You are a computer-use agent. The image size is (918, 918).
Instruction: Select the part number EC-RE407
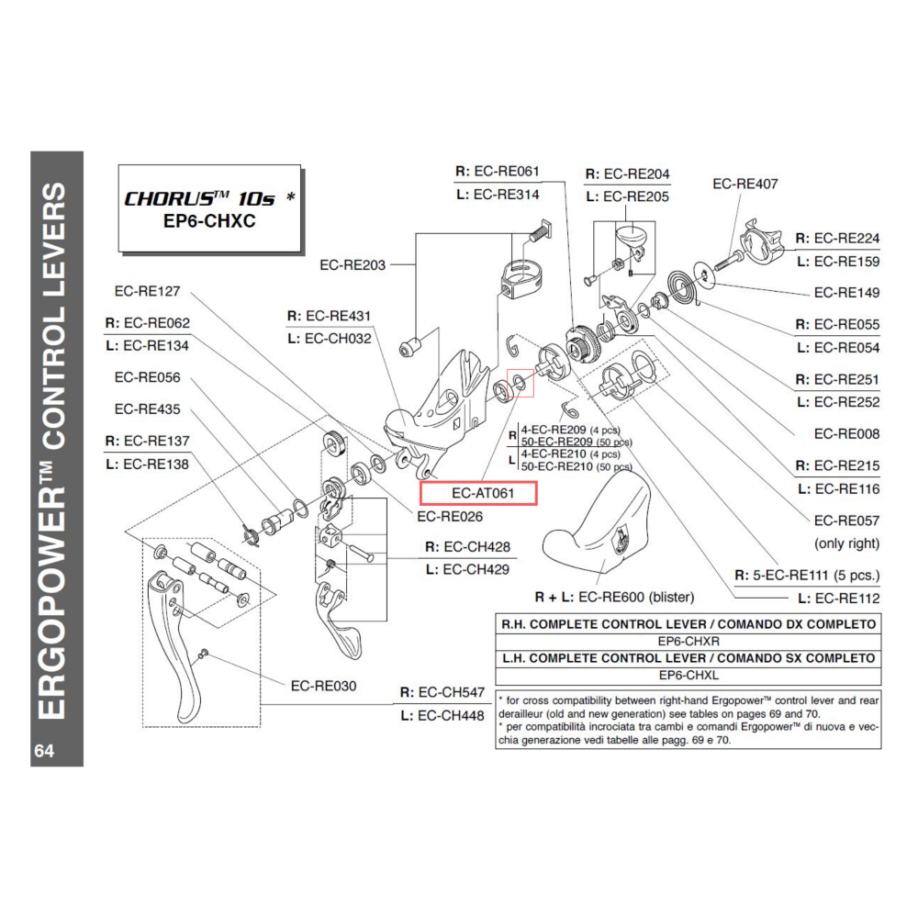click(x=744, y=184)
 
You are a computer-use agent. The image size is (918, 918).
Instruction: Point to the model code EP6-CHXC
click(x=210, y=222)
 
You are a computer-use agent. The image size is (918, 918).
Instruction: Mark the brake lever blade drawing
click(x=179, y=643)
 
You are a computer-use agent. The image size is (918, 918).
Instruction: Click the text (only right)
click(x=846, y=543)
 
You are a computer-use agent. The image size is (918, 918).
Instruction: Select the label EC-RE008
click(x=846, y=433)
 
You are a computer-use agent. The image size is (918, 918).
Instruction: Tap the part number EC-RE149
click(x=846, y=293)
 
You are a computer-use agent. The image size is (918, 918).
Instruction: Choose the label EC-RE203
click(x=353, y=265)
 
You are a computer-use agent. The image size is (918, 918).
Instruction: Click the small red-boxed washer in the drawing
click(x=521, y=384)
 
